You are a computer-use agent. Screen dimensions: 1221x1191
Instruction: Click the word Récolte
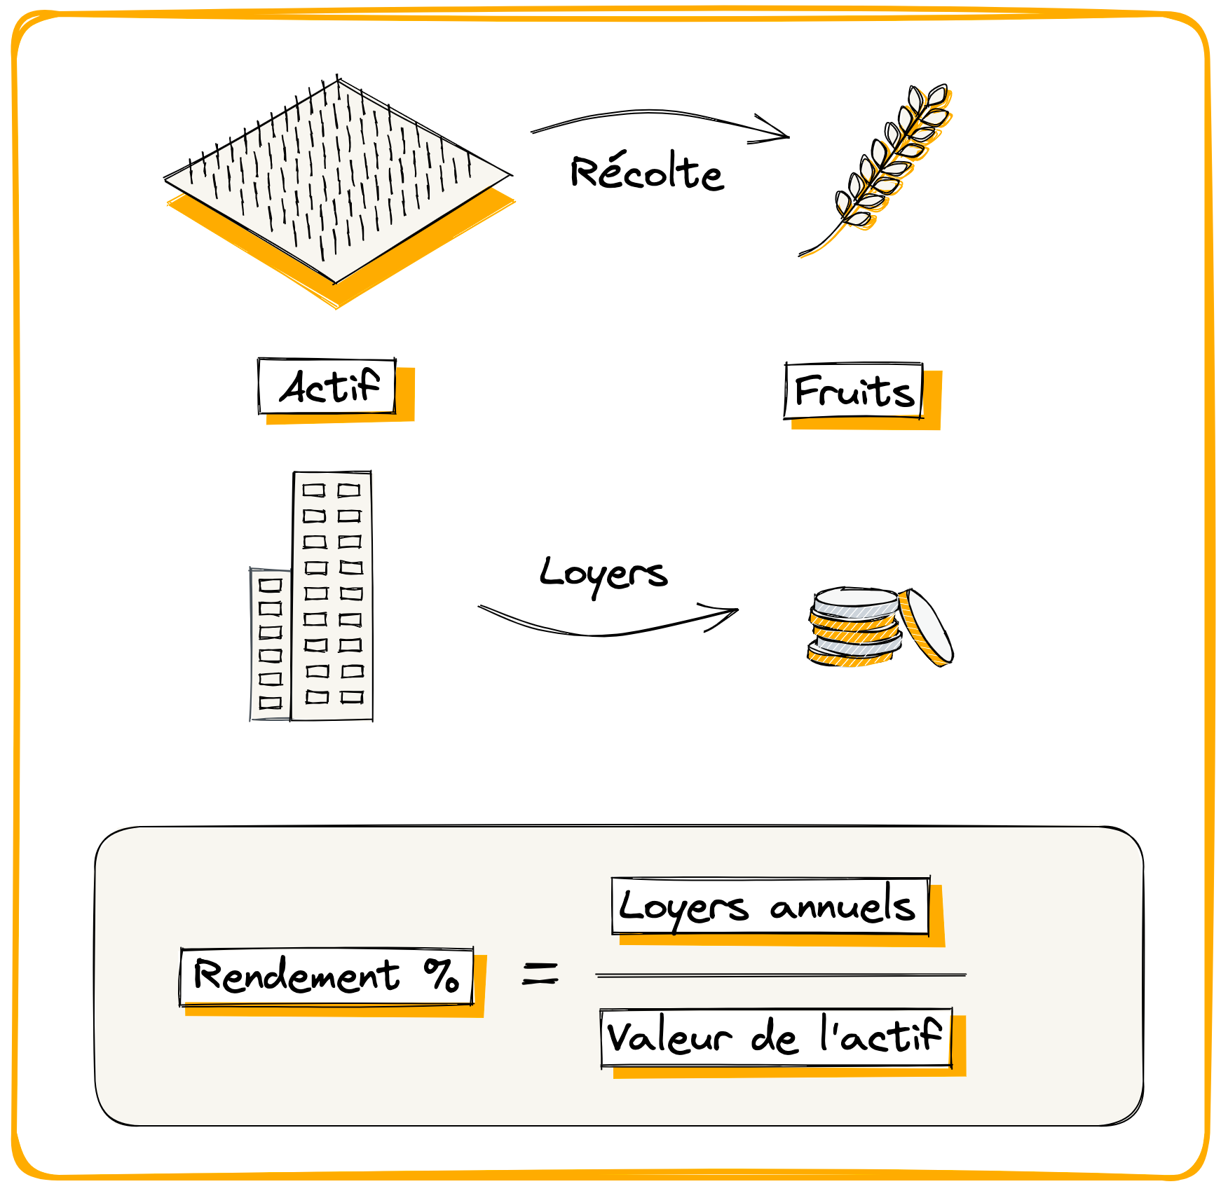[x=646, y=172]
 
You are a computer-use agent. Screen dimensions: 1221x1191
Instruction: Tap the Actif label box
[x=327, y=386]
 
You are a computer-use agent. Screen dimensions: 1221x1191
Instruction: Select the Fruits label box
[x=854, y=391]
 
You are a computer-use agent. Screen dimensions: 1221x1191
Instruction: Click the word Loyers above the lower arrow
[x=603, y=574]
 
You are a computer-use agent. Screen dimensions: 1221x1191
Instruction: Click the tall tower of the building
[x=332, y=595]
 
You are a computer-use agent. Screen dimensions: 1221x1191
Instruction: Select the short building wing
[x=271, y=645]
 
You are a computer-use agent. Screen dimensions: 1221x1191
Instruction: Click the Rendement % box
[x=327, y=976]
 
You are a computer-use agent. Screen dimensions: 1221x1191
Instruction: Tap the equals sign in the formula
[x=540, y=973]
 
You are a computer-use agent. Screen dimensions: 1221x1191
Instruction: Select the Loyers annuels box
[x=770, y=907]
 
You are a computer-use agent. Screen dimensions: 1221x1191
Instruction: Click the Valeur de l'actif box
[x=776, y=1038]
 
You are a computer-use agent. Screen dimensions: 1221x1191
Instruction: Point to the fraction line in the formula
[x=780, y=975]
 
